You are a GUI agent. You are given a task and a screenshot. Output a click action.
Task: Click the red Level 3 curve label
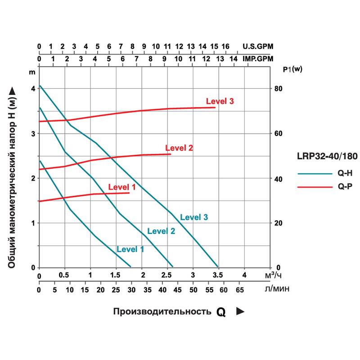(x=220, y=101)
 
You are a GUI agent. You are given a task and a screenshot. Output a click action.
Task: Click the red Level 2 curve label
(x=179, y=148)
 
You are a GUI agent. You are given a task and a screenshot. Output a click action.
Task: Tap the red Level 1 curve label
(x=121, y=187)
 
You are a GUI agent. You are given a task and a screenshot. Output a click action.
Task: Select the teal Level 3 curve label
(x=194, y=217)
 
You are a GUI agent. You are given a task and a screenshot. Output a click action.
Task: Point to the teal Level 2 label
(x=161, y=231)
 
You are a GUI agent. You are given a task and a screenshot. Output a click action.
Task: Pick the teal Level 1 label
(x=130, y=249)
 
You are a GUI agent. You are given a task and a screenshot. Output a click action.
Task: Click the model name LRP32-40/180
(x=327, y=157)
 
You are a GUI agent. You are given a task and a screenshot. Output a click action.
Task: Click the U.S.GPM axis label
(x=258, y=46)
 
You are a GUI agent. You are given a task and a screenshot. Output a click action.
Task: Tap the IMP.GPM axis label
(x=258, y=58)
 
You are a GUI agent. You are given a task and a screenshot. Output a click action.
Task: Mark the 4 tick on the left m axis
(x=32, y=89)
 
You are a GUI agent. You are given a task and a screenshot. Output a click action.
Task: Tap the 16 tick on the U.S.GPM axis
(x=225, y=46)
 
